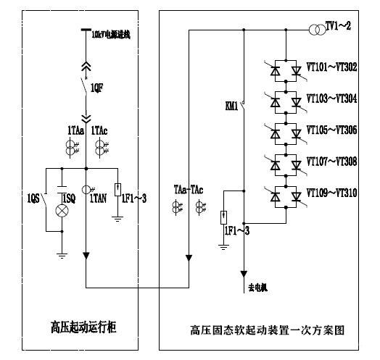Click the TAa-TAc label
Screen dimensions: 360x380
pyautogui.click(x=189, y=190)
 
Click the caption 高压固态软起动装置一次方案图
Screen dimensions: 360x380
pyautogui.click(x=267, y=330)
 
